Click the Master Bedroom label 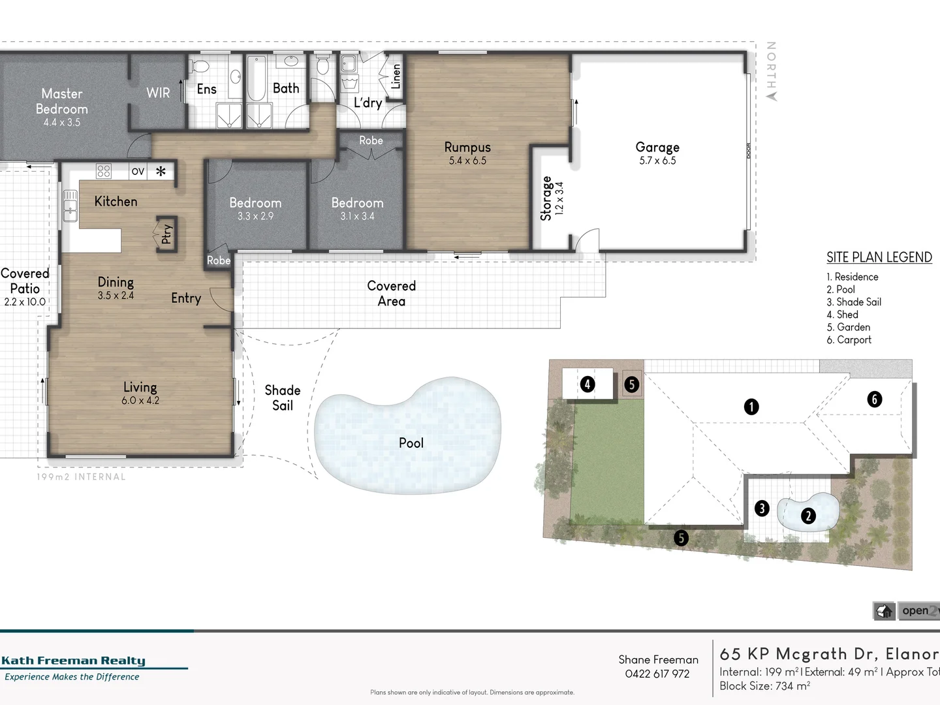point(61,101)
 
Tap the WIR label point(158,93)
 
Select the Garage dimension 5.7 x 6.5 point(657,161)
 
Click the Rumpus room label point(467,148)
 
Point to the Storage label point(546,198)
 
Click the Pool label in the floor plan point(411,443)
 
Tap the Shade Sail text point(283,398)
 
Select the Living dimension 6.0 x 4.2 point(140,400)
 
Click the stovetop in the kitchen point(104,171)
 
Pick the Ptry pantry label point(166,234)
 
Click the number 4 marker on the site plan point(587,384)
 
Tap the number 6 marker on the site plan point(874,399)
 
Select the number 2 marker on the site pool point(808,516)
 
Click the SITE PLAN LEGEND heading point(879,257)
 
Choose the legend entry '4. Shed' point(842,315)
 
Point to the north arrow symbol point(772,96)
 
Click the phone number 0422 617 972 point(657,674)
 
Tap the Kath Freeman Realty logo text point(73,661)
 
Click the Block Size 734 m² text point(764,686)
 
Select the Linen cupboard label point(396,76)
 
